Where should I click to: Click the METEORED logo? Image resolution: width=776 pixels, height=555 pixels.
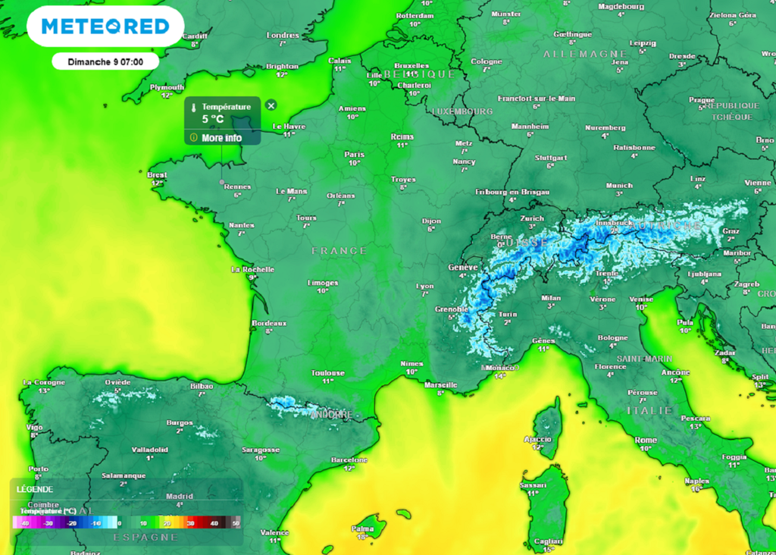[x=105, y=27]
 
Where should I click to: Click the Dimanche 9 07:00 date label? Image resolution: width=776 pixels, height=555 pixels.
[x=105, y=61]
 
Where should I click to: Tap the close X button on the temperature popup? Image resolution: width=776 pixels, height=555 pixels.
[x=271, y=105]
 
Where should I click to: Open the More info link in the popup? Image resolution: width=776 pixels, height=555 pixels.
[x=221, y=138]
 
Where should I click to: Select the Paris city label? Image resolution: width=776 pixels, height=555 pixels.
[x=354, y=155]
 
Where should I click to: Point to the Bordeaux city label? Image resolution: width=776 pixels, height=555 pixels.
[x=269, y=324]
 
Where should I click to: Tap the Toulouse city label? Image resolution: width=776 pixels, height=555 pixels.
[x=327, y=373]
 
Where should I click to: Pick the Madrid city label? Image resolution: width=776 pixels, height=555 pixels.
[x=179, y=497]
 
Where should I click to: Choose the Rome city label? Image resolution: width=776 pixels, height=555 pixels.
[x=645, y=441]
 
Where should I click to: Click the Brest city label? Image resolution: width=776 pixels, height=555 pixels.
[x=157, y=175]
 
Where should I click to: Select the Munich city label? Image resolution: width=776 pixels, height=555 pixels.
[x=618, y=186]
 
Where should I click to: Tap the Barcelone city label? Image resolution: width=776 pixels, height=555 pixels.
[x=349, y=460]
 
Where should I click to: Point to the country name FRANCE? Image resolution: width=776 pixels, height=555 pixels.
[x=339, y=250]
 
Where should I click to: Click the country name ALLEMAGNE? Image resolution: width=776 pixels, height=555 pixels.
[x=585, y=54]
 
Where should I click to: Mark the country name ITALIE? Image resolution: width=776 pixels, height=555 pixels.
[x=649, y=410]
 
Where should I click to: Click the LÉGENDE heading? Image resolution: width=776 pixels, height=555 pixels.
[x=35, y=490]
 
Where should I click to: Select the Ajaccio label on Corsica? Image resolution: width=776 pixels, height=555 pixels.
[x=538, y=440]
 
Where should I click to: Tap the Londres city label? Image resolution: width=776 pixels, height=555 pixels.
[x=283, y=36]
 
